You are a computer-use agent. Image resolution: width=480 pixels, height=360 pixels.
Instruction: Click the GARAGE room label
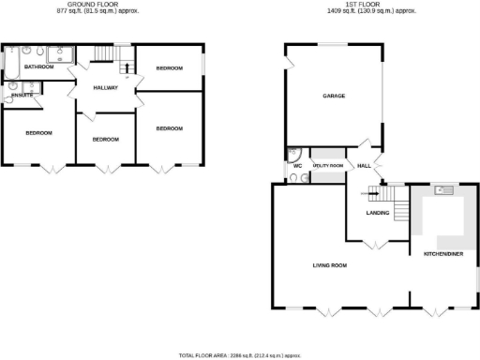coord(335,96)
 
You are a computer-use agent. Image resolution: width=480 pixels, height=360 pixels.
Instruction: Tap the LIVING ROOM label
coord(330,265)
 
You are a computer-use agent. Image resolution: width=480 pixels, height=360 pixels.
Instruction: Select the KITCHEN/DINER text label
coord(442,253)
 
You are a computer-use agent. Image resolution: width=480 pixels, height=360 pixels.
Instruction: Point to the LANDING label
coord(378,213)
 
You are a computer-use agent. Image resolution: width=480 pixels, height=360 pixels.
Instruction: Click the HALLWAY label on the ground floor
coord(104,86)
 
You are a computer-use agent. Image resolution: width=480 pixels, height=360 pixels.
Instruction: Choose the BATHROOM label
coord(38,67)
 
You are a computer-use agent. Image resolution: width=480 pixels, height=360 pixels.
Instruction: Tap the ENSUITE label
coord(22,96)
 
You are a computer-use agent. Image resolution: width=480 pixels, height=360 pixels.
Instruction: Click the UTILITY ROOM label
coord(327,165)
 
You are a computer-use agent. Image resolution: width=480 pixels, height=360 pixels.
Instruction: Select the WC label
coord(296,166)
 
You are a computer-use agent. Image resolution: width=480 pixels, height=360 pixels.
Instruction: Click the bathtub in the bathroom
coord(12,64)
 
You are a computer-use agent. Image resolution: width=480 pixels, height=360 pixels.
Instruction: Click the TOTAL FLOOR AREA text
coord(240,355)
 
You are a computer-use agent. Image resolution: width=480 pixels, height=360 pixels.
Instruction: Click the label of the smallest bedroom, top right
coord(169,68)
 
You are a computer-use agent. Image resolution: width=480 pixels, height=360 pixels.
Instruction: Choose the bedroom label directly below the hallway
coord(105,139)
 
